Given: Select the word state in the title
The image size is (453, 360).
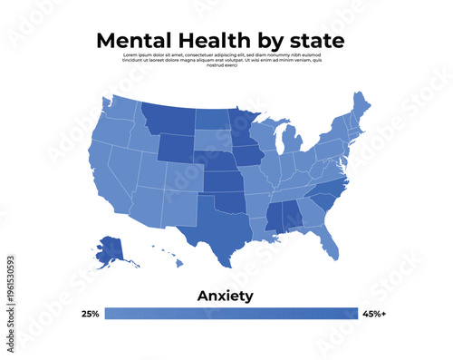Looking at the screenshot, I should click(x=314, y=41).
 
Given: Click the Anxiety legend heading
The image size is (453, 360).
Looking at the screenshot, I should click(x=226, y=296).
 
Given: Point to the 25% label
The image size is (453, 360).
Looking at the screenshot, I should click(x=90, y=314).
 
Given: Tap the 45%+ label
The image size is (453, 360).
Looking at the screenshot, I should click(x=373, y=314).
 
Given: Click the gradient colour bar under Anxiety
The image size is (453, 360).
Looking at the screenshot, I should click(x=231, y=314).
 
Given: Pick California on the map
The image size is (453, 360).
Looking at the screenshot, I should click(x=103, y=181).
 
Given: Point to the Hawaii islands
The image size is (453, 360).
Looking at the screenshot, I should click(x=171, y=258).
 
